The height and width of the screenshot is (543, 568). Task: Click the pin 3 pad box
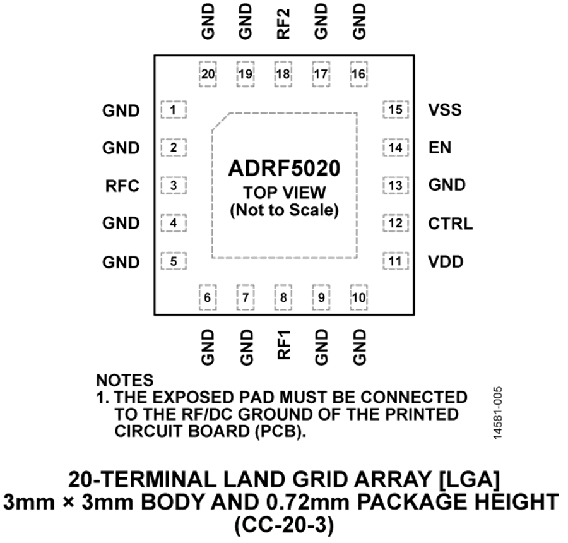point(174,186)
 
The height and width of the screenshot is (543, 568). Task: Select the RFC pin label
point(122,186)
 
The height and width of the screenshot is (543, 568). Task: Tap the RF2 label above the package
point(283,24)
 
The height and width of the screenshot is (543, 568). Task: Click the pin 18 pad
point(283,74)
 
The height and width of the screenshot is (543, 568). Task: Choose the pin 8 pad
point(283,297)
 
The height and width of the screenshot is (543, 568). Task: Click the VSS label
point(445,110)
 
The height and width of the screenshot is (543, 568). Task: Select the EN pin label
point(440,148)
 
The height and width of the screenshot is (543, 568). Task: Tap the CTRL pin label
point(451,224)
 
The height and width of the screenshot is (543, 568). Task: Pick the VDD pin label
point(446,261)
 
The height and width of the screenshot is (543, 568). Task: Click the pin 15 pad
point(396,109)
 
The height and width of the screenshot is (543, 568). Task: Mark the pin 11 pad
point(396,261)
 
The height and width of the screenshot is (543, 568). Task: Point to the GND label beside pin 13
point(447,185)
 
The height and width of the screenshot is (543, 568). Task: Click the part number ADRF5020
point(285,168)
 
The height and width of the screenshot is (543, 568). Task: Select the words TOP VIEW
point(285,193)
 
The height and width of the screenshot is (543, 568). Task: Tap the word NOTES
point(124,380)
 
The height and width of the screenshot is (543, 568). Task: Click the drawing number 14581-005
point(498,413)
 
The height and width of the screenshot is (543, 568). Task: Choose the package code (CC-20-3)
point(285,525)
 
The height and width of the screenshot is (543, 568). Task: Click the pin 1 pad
point(174,110)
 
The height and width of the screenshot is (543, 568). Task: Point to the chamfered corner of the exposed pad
point(221,121)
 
